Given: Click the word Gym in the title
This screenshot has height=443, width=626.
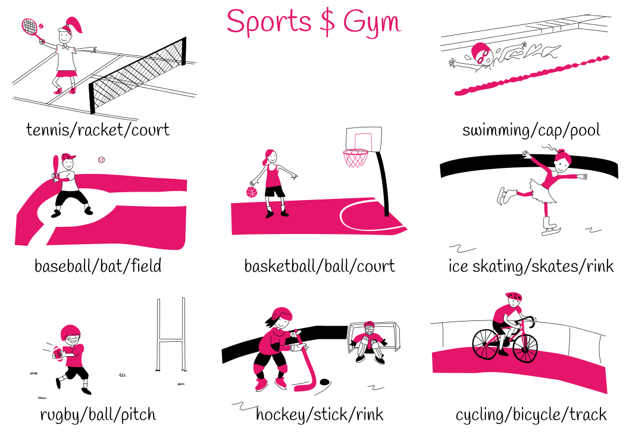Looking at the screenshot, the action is click(372, 22).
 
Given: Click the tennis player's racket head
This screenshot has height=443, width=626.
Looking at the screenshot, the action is click(29, 26).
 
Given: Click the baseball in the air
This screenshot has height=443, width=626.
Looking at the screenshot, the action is click(102, 160).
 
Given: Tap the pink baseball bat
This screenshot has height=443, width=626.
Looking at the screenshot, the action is click(55, 164).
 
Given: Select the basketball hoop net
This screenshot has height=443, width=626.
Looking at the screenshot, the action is click(356, 158).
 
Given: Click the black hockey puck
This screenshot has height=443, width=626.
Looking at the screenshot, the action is click(325, 382).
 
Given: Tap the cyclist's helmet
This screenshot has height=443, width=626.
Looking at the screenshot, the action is click(513, 297).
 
